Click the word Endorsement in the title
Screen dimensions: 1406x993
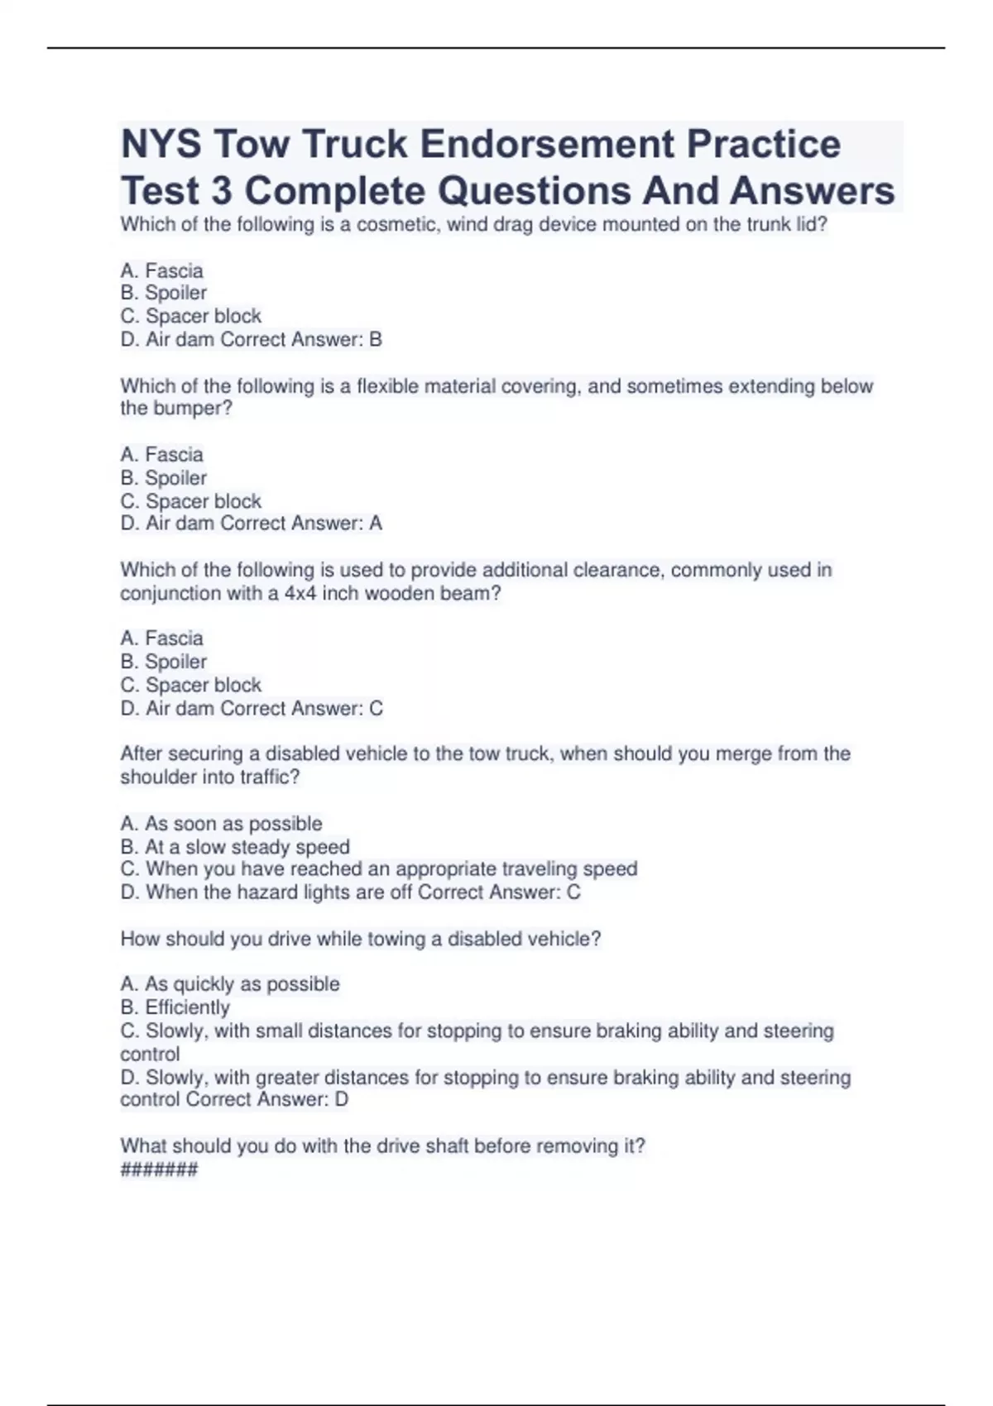[547, 144]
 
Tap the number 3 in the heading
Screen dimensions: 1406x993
[221, 191]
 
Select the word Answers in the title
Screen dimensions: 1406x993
[812, 191]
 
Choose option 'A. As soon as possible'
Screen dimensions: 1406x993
[221, 824]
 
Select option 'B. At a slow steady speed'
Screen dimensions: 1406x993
[235, 847]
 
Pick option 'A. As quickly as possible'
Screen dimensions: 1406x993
[230, 984]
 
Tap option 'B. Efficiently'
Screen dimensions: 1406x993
[175, 1007]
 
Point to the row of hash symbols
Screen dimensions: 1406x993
[159, 1169]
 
